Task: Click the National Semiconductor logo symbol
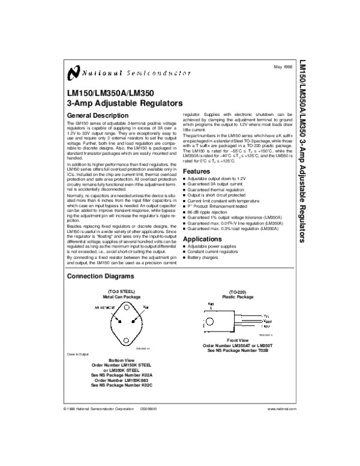click(x=73, y=73)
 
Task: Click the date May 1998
click(x=282, y=66)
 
